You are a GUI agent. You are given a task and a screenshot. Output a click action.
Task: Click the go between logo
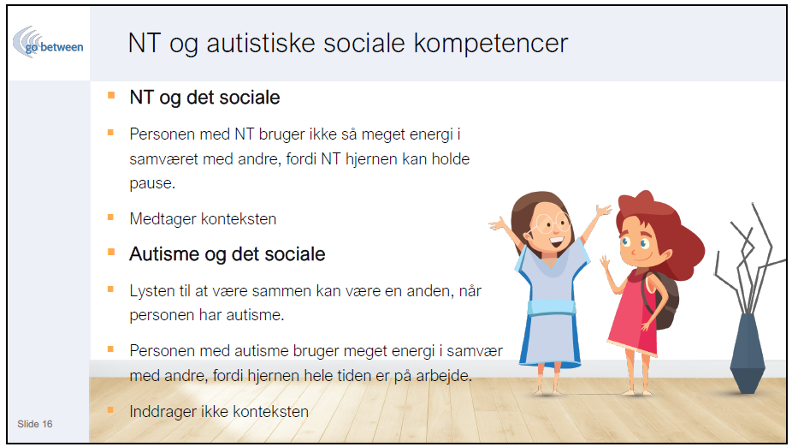pos(48,43)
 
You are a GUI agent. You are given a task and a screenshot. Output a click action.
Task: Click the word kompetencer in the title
pos(491,44)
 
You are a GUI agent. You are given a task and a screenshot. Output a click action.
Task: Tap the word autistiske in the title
pos(261,43)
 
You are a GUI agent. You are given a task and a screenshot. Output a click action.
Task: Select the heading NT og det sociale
pos(204,97)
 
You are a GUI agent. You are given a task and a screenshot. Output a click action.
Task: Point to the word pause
pos(152,183)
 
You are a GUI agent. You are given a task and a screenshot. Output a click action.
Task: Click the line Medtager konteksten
pos(203,219)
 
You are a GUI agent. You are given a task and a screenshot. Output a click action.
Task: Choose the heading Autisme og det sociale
pos(228,253)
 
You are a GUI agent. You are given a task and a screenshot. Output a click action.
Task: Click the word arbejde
pos(444,376)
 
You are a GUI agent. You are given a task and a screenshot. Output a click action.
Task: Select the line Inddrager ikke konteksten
pos(219,412)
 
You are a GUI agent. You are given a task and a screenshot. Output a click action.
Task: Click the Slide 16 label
pos(35,424)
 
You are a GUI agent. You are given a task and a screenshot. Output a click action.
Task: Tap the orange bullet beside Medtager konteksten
pos(110,218)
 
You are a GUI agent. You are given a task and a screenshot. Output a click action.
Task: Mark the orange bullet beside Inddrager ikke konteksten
pos(110,410)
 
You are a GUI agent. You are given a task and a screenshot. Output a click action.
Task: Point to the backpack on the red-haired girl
pos(663,298)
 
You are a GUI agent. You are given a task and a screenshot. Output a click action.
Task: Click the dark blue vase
pos(747,353)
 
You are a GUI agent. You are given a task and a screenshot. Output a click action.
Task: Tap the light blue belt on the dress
pos(552,307)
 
